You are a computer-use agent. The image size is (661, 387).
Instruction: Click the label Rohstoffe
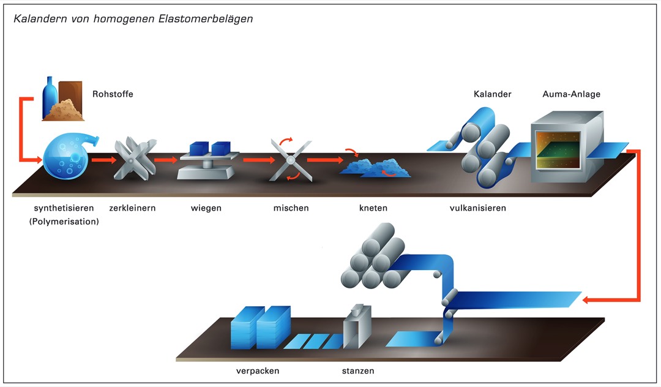pyautogui.click(x=113, y=94)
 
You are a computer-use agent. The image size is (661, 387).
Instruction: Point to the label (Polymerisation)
pyautogui.click(x=64, y=222)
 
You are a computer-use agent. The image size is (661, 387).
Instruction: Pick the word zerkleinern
pyautogui.click(x=132, y=208)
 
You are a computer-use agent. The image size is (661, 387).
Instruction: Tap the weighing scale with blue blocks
pyautogui.click(x=207, y=160)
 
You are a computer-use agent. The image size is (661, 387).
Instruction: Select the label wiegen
pyautogui.click(x=206, y=208)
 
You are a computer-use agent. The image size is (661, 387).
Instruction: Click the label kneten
pyautogui.click(x=373, y=208)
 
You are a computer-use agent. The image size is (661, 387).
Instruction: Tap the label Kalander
pyautogui.click(x=492, y=94)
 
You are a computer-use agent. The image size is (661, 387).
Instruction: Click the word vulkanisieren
pyautogui.click(x=477, y=208)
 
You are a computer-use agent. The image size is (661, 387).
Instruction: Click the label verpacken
pyautogui.click(x=258, y=371)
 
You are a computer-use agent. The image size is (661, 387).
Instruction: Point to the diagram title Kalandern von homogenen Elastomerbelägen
pyautogui.click(x=133, y=18)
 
